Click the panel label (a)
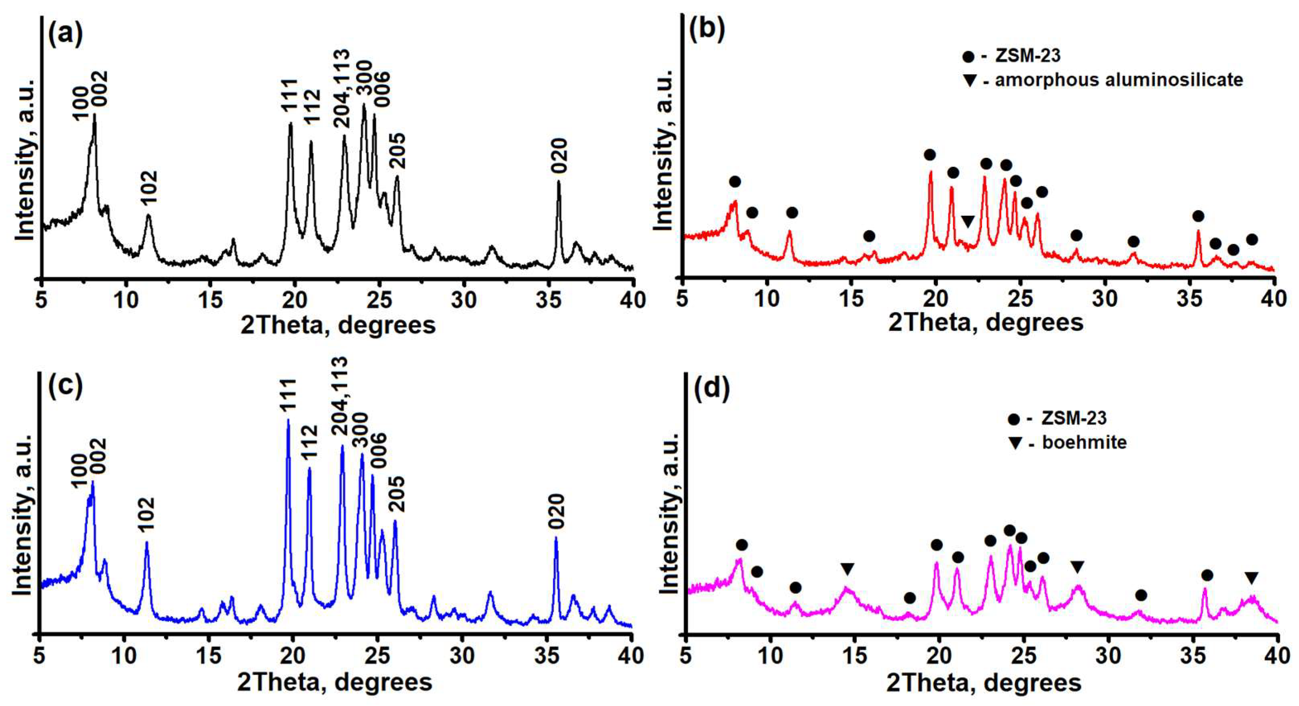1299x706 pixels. pyautogui.click(x=65, y=35)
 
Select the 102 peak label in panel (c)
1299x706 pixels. pyautogui.click(x=146, y=515)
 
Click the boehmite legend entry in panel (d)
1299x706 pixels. pyautogui.click(x=1084, y=442)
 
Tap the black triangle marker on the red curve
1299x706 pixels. pyautogui.click(x=968, y=221)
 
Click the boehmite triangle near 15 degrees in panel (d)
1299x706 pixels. pyautogui.click(x=847, y=569)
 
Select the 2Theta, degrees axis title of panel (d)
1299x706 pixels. pyautogui.click(x=983, y=683)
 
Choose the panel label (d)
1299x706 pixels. pyautogui.click(x=711, y=391)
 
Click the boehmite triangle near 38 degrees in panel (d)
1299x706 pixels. pyautogui.click(x=1251, y=578)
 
